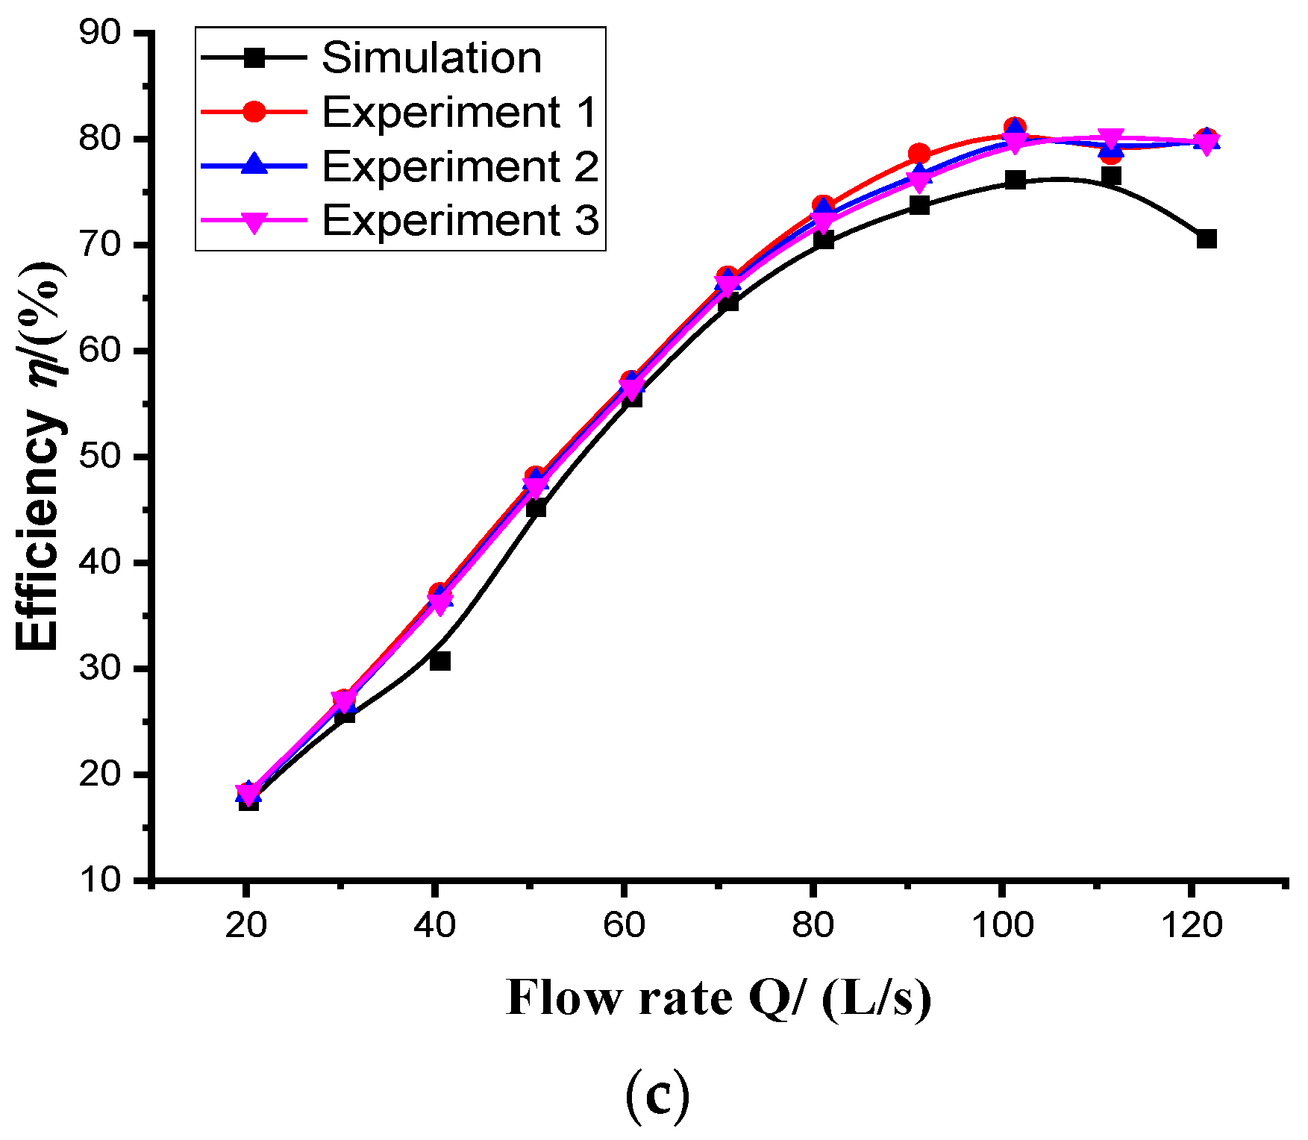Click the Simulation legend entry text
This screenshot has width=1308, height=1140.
coord(431,58)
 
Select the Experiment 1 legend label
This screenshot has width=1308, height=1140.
coord(460,113)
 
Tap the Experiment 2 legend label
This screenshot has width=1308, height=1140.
coord(460,166)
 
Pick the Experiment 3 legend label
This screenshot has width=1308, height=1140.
coord(460,221)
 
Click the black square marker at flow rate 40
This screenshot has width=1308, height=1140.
coord(440,661)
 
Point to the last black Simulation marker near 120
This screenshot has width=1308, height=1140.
coord(1207,239)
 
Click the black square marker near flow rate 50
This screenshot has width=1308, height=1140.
coord(536,508)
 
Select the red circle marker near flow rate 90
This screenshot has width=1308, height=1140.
coord(919,154)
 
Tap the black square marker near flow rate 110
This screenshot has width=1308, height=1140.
coord(1111,176)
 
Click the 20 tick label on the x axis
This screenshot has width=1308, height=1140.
coord(245,926)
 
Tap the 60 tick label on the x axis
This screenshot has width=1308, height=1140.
coord(624,926)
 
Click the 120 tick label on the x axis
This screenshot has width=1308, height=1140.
coord(1192,926)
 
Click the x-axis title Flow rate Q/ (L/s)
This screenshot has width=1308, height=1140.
coord(719,998)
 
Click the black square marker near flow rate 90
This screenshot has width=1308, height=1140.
coord(919,205)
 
